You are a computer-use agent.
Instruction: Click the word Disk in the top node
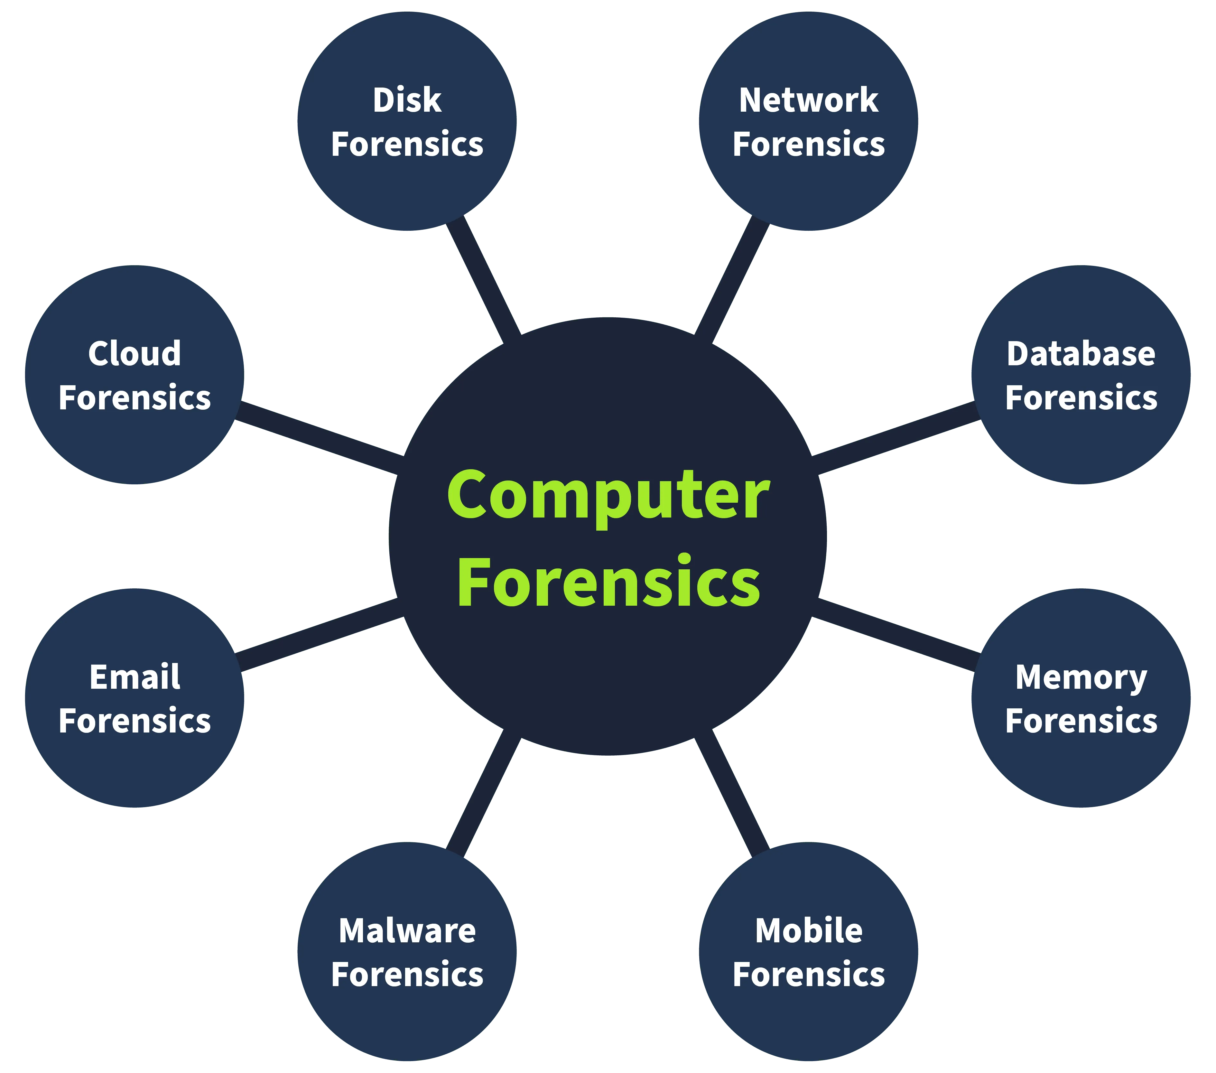pyautogui.click(x=407, y=100)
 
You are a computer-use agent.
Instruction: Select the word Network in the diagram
pyautogui.click(x=809, y=100)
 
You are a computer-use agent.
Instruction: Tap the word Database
pyautogui.click(x=1081, y=354)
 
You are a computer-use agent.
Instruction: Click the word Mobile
pyautogui.click(x=809, y=931)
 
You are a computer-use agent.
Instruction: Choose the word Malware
pyautogui.click(x=407, y=931)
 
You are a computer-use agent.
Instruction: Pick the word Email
pyautogui.click(x=135, y=677)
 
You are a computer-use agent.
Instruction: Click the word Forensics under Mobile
pyautogui.click(x=809, y=975)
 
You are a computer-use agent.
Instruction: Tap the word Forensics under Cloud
pyautogui.click(x=135, y=397)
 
